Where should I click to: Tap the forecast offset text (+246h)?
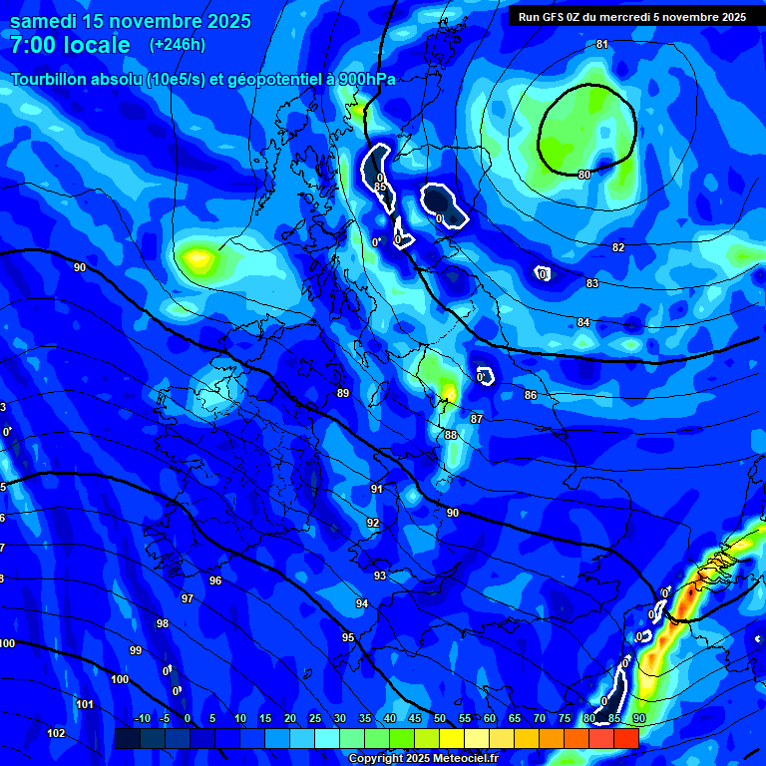coord(177,44)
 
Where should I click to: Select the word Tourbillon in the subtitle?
coord(49,80)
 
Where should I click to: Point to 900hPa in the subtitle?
coord(367,80)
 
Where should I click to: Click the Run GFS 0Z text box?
coord(632,16)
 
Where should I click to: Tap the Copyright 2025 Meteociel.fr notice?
coord(423,759)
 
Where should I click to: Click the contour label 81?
coord(601,45)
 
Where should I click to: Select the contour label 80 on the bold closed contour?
coord(584,175)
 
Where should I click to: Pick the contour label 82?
coord(618,247)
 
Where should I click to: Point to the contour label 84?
coord(583,322)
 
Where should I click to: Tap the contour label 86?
coord(531,396)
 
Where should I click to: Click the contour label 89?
coord(343,393)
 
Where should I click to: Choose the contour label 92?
coord(373,523)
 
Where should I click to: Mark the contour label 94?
coord(362,603)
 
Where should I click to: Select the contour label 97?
coord(188,598)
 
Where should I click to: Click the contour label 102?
coord(56,733)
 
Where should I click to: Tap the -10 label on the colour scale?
coord(142,719)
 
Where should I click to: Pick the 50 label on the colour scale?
coord(440,719)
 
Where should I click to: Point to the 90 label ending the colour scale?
coord(639,719)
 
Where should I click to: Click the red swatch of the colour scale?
coord(625,738)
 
